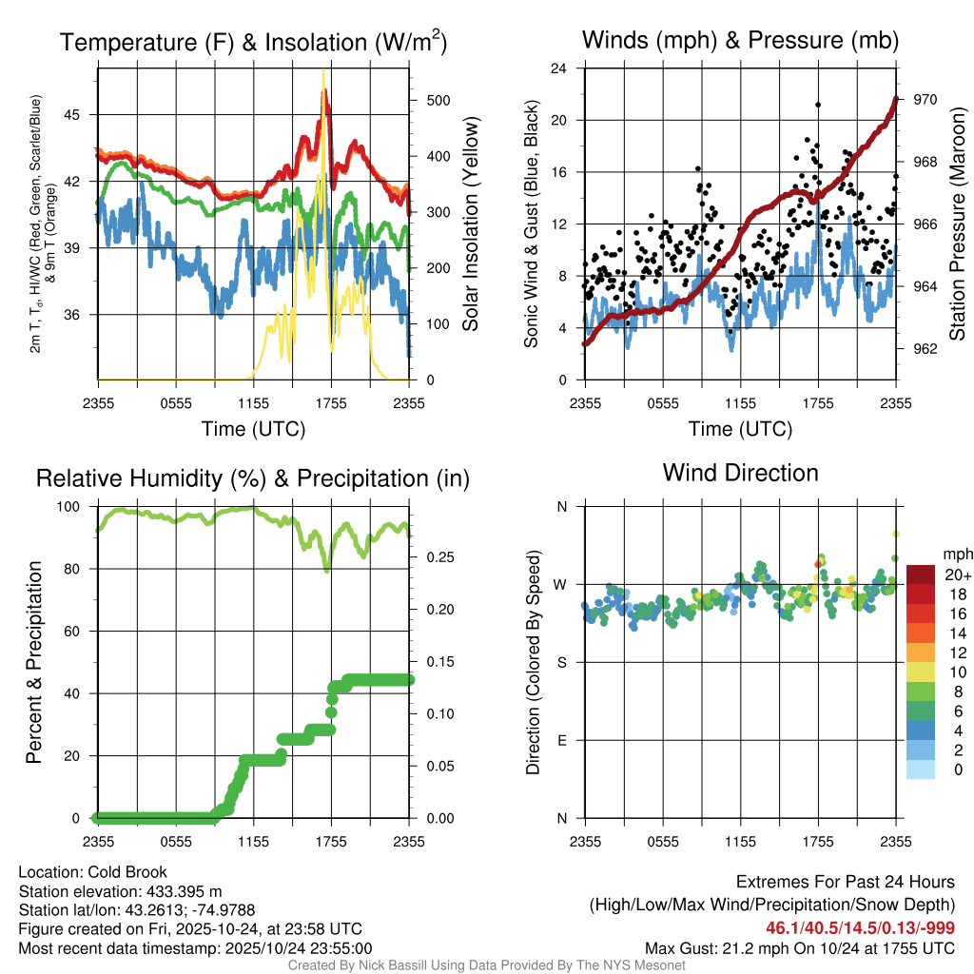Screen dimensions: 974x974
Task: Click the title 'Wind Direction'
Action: coord(740,473)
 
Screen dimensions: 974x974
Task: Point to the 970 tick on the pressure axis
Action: coord(925,99)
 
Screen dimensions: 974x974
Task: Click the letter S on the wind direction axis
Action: coord(562,662)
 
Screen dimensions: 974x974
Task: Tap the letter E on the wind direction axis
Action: coord(562,740)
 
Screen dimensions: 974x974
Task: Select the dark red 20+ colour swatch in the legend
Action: coord(921,574)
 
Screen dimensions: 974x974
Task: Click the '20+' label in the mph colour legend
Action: coord(956,575)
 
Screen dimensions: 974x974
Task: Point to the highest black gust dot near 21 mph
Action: coord(818,105)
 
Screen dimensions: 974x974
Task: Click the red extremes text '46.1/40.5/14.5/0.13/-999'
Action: coord(860,927)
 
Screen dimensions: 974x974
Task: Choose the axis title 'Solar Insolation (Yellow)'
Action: coord(470,224)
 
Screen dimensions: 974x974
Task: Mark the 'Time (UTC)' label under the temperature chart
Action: coord(254,429)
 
